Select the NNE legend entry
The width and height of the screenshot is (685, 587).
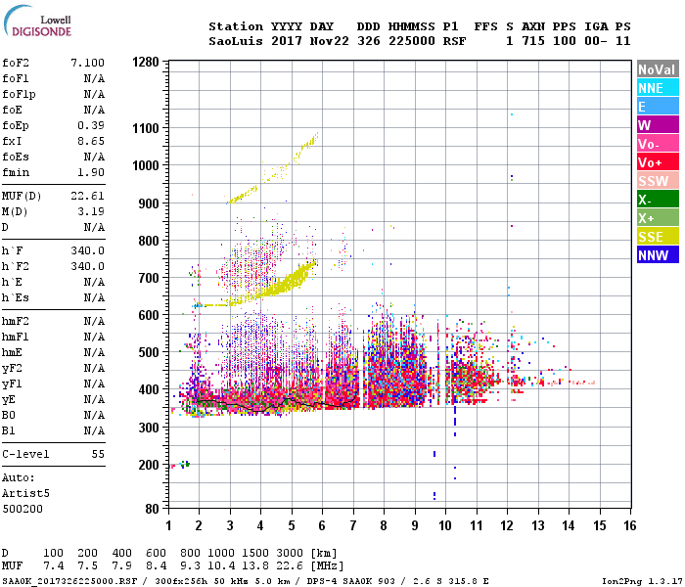click(x=651, y=88)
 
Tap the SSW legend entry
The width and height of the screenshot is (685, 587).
click(x=653, y=181)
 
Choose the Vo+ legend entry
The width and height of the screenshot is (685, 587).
click(x=651, y=162)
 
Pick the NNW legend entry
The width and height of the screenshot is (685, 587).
click(x=653, y=255)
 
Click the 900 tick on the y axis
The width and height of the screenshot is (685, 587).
click(x=149, y=202)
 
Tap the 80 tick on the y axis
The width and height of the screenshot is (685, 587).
click(x=152, y=509)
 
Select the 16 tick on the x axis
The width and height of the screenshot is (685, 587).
click(x=630, y=526)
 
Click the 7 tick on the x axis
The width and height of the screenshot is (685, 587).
click(x=353, y=526)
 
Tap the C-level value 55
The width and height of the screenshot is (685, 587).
click(x=98, y=455)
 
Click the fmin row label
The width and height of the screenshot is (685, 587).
click(x=15, y=172)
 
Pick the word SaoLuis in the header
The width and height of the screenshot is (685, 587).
click(x=235, y=41)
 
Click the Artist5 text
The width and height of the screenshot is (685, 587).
click(x=23, y=494)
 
